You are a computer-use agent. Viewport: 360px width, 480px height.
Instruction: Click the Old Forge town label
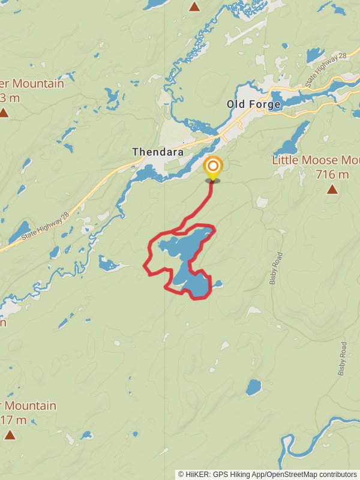tap(253, 104)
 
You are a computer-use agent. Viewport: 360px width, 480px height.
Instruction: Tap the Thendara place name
tap(158, 152)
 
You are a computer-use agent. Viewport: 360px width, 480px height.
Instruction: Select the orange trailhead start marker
tap(212, 166)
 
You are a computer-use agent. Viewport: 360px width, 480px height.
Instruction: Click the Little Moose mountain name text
tap(316, 160)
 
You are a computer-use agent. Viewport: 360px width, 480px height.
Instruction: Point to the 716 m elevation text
tap(331, 175)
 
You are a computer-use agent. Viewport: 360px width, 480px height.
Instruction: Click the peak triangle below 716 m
tap(332, 190)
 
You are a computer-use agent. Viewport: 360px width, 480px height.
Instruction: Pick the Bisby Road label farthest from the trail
tap(343, 358)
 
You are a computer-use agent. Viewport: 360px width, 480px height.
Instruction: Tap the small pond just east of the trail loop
tap(218, 284)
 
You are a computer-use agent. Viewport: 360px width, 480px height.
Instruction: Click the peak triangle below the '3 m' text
tap(4, 112)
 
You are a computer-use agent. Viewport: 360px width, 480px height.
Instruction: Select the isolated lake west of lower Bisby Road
tap(253, 387)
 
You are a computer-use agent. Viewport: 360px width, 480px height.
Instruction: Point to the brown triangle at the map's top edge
tap(194, 7)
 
